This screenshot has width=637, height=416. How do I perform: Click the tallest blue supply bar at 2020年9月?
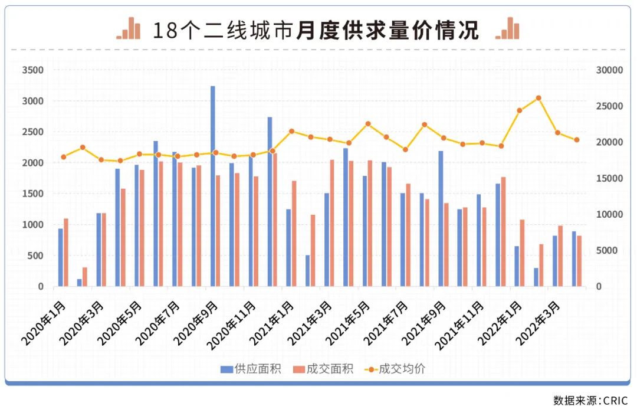pyautogui.click(x=213, y=186)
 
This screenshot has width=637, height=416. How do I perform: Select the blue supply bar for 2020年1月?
pyautogui.click(x=60, y=257)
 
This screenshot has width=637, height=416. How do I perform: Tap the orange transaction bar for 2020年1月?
pyautogui.click(x=66, y=253)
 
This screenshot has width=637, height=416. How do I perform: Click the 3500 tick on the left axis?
pyautogui.click(x=33, y=70)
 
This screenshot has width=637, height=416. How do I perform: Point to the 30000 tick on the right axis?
pyautogui.click(x=609, y=70)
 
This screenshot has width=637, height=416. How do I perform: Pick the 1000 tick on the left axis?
pyautogui.click(x=33, y=225)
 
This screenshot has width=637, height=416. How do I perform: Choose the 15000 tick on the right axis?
pyautogui.click(x=609, y=178)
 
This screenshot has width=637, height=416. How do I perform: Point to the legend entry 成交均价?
pyautogui.click(x=395, y=369)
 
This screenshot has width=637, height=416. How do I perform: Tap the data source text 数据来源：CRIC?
pyautogui.click(x=590, y=401)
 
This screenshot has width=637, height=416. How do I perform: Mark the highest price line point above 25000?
pyautogui.click(x=538, y=98)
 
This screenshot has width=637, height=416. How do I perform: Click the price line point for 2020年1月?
pyautogui.click(x=63, y=157)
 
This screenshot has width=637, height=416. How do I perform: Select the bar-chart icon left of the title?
pyautogui.click(x=129, y=28)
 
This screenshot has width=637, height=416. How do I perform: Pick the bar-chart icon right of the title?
pyautogui.click(x=508, y=28)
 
